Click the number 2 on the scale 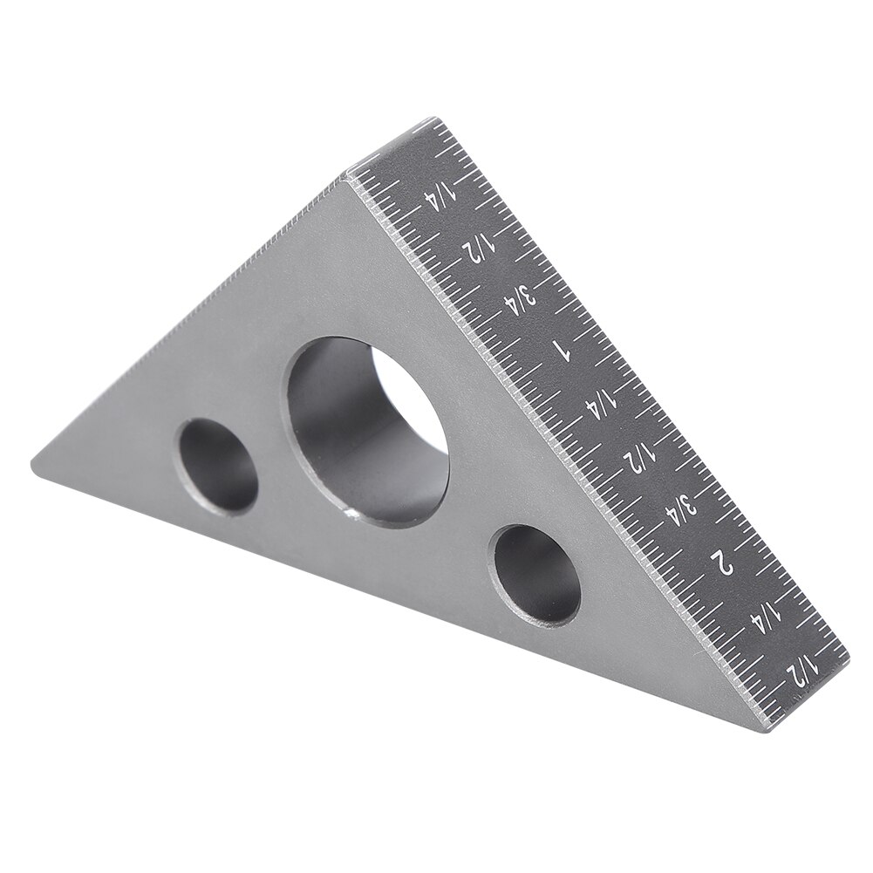[724, 559]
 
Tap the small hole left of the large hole [218, 465]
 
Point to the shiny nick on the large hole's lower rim [351, 517]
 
